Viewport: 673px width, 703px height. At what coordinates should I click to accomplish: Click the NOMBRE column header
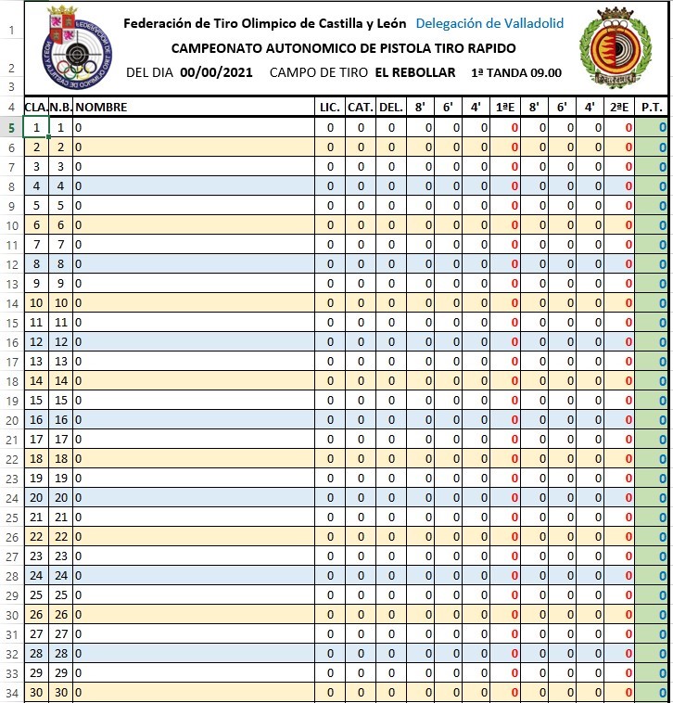click(101, 108)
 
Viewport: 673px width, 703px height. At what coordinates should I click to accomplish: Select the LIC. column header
click(329, 108)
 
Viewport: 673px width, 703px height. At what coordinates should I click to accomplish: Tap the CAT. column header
click(361, 108)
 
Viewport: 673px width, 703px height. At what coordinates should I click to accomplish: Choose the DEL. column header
click(391, 108)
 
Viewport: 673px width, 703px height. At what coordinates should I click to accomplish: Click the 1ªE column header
click(505, 108)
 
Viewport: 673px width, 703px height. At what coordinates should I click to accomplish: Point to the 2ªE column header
click(620, 108)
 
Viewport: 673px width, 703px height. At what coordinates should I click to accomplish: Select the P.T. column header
click(653, 108)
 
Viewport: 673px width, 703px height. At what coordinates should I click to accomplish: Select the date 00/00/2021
click(215, 72)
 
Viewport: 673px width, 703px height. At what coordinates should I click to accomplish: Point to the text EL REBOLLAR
click(415, 72)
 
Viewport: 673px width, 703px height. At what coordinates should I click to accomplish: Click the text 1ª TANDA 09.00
click(515, 72)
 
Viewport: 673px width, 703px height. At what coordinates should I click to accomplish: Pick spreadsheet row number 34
click(11, 692)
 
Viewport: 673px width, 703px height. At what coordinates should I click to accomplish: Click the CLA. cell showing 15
click(35, 400)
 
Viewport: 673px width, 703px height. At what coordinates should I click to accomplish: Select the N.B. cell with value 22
click(61, 536)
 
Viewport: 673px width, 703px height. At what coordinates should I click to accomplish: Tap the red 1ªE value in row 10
click(514, 224)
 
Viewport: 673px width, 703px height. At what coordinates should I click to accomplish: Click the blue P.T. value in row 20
click(662, 419)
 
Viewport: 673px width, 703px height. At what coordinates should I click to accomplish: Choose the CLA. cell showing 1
click(35, 127)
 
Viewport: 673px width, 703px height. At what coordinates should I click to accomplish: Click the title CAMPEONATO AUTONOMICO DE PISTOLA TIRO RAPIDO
click(344, 48)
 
